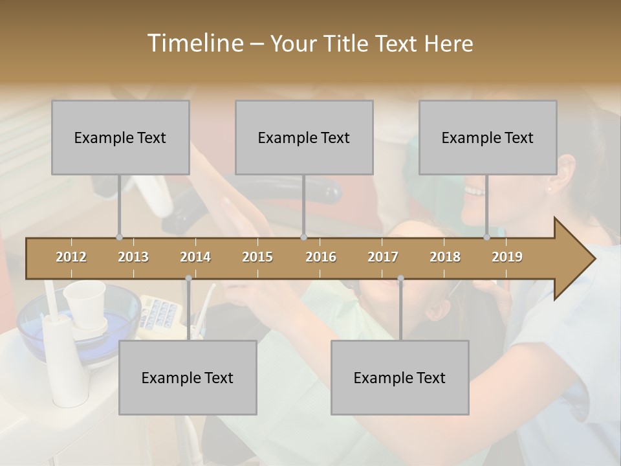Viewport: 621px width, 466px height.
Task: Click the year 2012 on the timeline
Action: (x=71, y=257)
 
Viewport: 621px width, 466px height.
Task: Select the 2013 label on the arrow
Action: (x=133, y=257)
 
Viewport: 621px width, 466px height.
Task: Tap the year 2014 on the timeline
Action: (x=195, y=257)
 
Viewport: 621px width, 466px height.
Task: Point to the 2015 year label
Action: (x=257, y=257)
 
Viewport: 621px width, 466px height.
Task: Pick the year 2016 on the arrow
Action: (x=321, y=257)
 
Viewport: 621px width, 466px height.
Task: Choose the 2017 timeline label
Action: (x=383, y=257)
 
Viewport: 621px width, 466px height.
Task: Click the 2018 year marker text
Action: (x=445, y=257)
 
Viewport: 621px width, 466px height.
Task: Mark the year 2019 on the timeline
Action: (x=507, y=257)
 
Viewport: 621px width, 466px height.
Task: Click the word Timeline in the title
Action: (x=194, y=43)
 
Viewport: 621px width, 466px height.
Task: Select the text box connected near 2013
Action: (x=120, y=137)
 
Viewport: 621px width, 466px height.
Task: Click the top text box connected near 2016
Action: (x=304, y=137)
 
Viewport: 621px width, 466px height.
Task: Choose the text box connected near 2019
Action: (x=488, y=137)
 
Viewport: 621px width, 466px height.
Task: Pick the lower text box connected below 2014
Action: (x=188, y=377)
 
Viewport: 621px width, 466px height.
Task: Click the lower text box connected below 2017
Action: (x=400, y=377)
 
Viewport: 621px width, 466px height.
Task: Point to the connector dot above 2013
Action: (x=119, y=237)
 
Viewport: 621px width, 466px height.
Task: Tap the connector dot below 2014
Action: (x=188, y=278)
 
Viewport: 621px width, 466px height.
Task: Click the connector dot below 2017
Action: (x=400, y=278)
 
